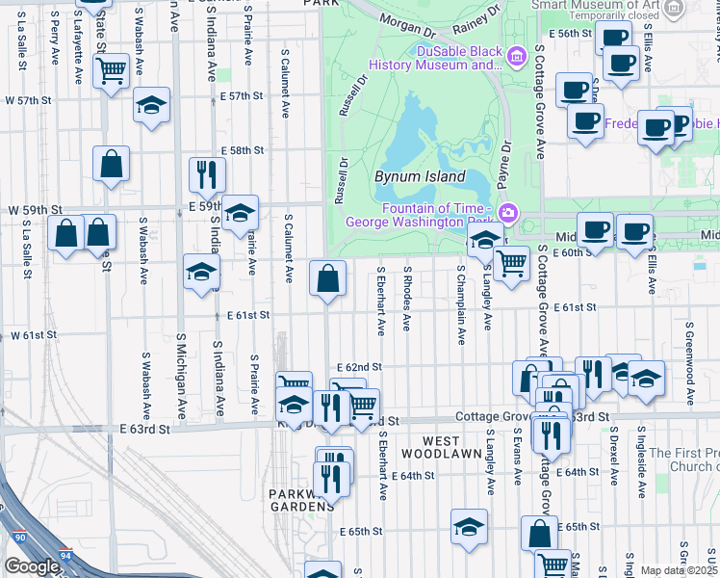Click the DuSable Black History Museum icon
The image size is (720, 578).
(x=517, y=58)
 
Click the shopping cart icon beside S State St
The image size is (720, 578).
(x=111, y=69)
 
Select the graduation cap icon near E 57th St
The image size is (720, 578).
(x=151, y=104)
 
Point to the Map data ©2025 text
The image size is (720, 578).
(x=678, y=570)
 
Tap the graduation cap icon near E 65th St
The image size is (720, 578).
(x=469, y=527)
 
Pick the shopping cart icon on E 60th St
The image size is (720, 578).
(x=511, y=261)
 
